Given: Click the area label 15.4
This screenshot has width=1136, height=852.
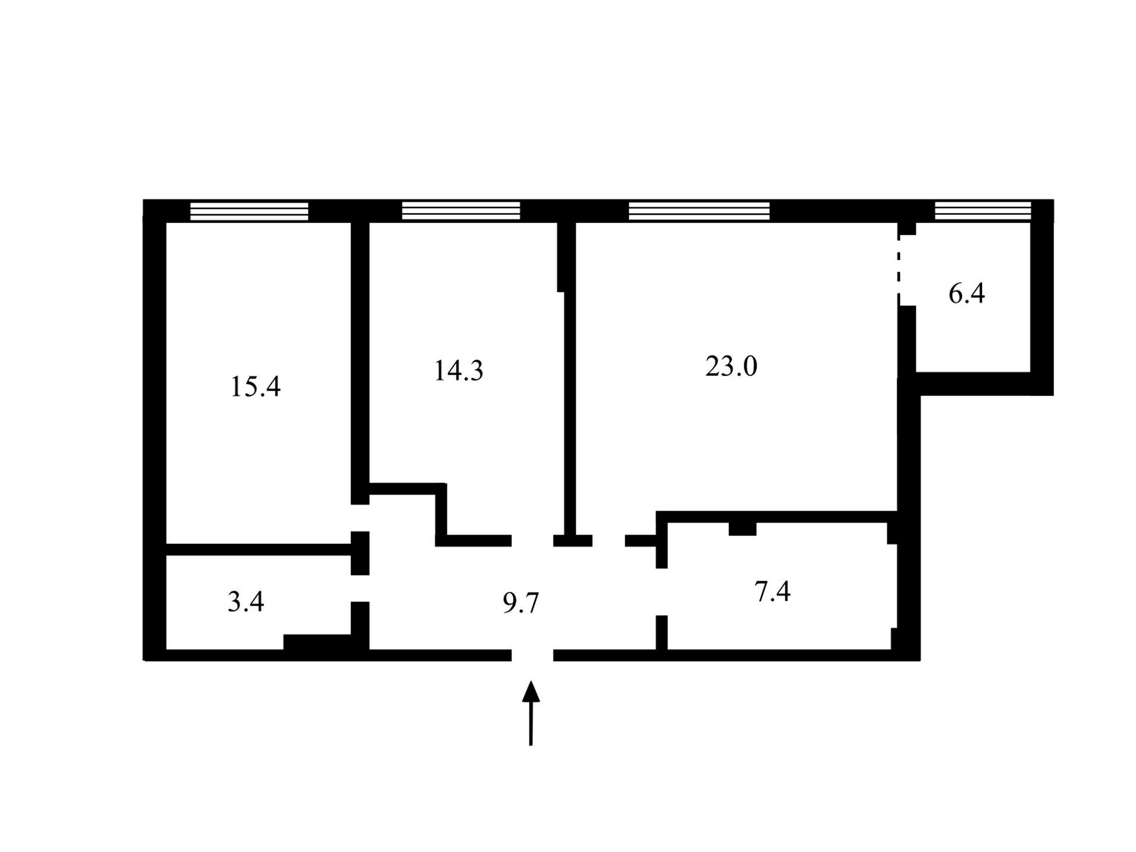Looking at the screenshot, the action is click(x=255, y=387).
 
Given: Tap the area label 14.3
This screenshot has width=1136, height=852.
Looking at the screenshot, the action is click(x=459, y=371).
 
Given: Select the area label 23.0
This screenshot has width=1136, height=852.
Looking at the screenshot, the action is click(x=731, y=366).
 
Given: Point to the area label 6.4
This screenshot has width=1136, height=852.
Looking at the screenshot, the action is click(x=967, y=293).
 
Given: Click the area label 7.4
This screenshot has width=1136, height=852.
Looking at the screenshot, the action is click(x=773, y=592).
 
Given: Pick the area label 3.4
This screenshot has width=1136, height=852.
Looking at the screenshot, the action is click(x=246, y=602).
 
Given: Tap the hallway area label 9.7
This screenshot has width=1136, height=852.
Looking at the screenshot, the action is click(x=521, y=603).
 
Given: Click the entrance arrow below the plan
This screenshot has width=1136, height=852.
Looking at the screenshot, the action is click(x=531, y=713).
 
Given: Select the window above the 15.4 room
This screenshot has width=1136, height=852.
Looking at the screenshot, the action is click(x=249, y=211).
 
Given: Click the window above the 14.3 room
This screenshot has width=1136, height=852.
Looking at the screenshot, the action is click(x=461, y=211).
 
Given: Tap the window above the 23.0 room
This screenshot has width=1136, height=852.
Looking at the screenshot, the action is click(x=699, y=211).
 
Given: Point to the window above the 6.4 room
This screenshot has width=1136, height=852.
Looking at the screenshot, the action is click(x=983, y=211).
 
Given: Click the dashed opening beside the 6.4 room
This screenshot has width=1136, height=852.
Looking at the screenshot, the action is click(x=899, y=270).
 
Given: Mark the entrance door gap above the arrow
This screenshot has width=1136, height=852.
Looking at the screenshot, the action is click(x=532, y=655).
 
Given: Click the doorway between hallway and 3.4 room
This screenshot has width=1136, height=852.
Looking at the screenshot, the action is click(x=360, y=588).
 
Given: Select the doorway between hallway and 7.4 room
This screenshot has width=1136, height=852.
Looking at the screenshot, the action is click(x=661, y=592).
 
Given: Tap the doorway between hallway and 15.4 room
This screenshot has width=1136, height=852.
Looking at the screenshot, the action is click(x=360, y=518).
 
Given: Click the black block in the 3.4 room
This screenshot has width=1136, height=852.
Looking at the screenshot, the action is click(x=318, y=642).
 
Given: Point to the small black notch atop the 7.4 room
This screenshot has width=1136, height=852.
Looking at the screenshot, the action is click(x=743, y=529).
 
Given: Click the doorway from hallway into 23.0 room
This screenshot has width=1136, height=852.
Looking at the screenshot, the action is click(x=609, y=540).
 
